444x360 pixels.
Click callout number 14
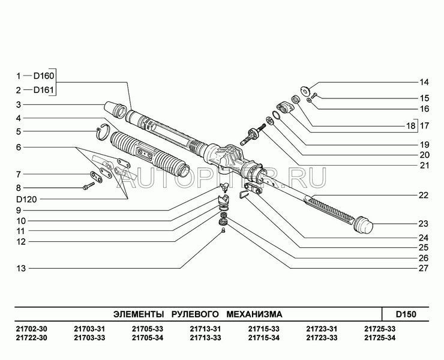click(424, 82)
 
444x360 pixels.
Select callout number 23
click(424, 224)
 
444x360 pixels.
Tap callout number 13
click(21, 268)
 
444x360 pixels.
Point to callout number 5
click(19, 131)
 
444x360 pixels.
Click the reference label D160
click(44, 76)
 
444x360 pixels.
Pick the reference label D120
click(26, 199)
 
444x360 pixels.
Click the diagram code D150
click(406, 314)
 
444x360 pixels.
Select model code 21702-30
click(32, 329)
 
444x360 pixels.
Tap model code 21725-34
click(380, 338)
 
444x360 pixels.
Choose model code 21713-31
click(205, 329)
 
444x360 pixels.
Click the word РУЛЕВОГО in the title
click(195, 314)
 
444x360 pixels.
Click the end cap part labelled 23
click(364, 225)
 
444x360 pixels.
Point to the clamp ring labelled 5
click(102, 132)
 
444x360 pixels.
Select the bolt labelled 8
click(89, 186)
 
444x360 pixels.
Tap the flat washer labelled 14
click(305, 91)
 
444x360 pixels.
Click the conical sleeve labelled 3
click(115, 110)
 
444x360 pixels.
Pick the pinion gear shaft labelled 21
click(252, 134)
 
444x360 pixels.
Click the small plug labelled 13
click(223, 230)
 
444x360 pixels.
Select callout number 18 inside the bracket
click(410, 125)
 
